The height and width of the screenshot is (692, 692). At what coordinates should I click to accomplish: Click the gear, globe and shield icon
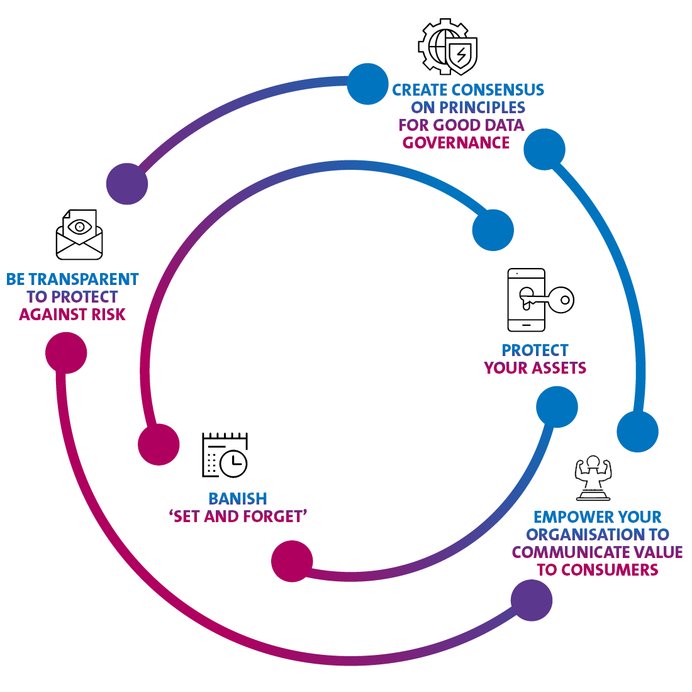[x=447, y=47]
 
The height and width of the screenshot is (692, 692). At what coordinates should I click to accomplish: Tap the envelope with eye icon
[x=79, y=235]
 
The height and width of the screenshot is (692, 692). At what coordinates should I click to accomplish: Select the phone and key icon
[x=540, y=299]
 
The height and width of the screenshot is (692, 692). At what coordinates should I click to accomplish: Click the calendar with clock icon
[x=225, y=455]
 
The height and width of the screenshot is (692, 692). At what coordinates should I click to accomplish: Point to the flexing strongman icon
[x=593, y=478]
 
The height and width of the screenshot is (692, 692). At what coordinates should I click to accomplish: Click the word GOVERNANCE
[x=456, y=143]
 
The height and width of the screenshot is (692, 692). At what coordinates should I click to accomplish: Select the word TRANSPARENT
[x=84, y=279]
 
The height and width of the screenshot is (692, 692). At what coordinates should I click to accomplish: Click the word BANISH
[x=237, y=499]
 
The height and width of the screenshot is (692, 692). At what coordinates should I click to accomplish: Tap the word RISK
[x=109, y=314]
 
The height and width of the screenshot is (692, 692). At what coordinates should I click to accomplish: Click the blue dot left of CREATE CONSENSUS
[x=367, y=84]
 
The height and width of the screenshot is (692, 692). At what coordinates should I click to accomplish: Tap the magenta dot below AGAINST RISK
[x=66, y=353]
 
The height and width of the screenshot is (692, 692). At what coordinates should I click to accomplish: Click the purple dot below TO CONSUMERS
[x=532, y=600]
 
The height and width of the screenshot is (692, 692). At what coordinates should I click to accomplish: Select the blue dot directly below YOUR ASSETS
[x=557, y=407]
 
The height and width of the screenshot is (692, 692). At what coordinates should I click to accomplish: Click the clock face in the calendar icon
[x=233, y=463]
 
